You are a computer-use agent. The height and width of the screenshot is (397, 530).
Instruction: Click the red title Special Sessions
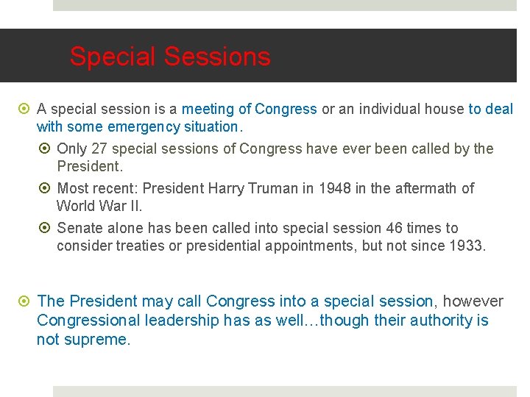pyautogui.click(x=170, y=57)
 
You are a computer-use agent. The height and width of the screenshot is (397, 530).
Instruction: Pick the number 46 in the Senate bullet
pyautogui.click(x=394, y=228)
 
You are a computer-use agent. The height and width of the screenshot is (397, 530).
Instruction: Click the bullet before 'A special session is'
pyautogui.click(x=26, y=110)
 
